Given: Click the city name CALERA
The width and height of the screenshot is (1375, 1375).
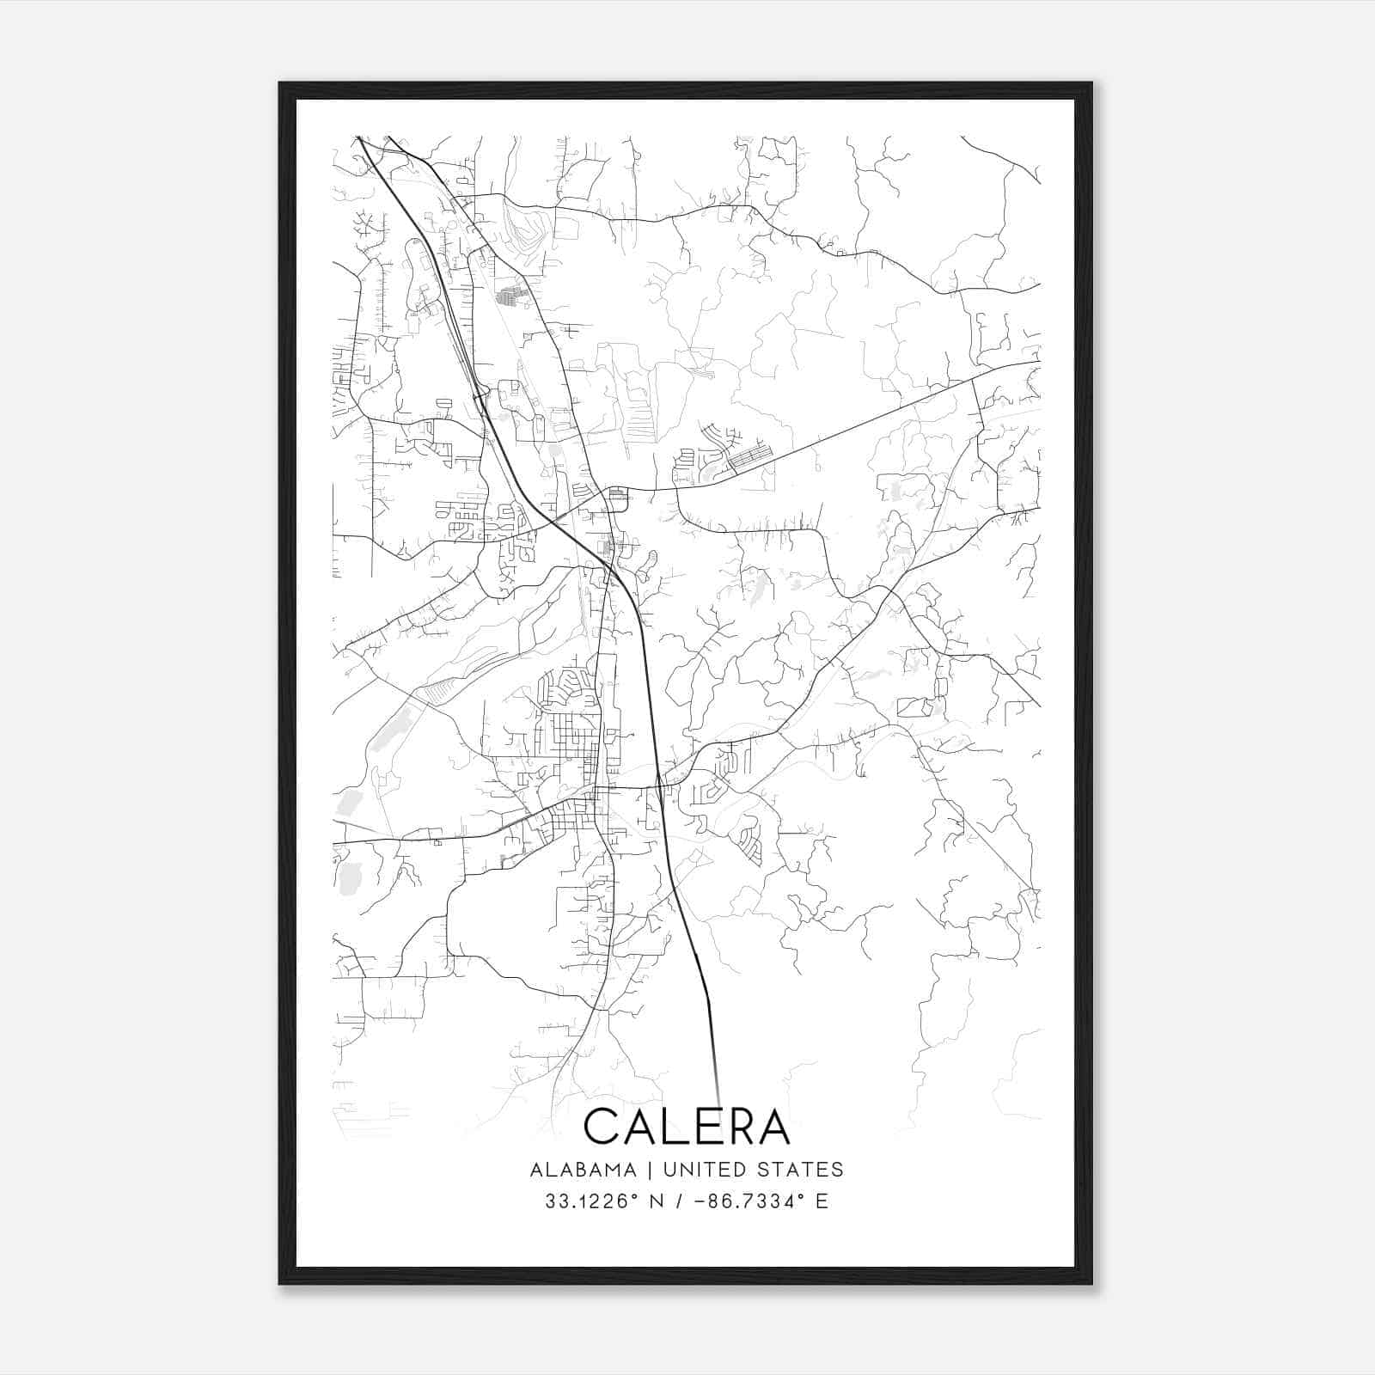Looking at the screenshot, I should point(687,1126).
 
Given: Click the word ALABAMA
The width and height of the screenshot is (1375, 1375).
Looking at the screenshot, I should point(584,1170).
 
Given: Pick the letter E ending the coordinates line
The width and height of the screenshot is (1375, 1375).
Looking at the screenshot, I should point(822,1201).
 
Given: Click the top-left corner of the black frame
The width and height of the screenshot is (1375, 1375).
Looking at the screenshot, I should point(280,84).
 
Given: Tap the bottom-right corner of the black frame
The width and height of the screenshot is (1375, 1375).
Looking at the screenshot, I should point(1091,1283).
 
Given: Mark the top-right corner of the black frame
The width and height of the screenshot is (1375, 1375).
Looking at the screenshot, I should point(1091,84).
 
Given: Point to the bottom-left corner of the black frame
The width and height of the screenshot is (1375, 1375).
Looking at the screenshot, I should point(280,1283).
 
